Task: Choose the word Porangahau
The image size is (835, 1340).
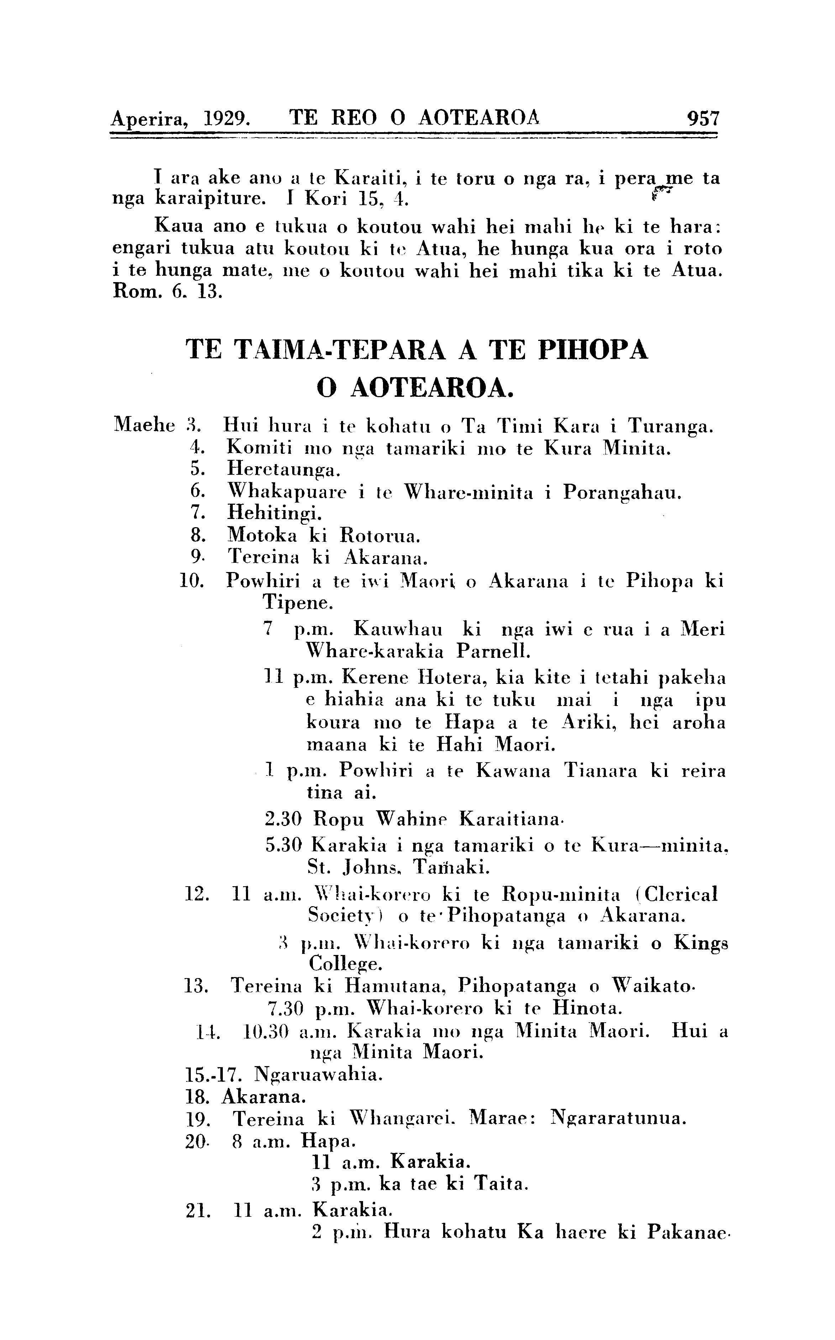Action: click(x=623, y=492)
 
